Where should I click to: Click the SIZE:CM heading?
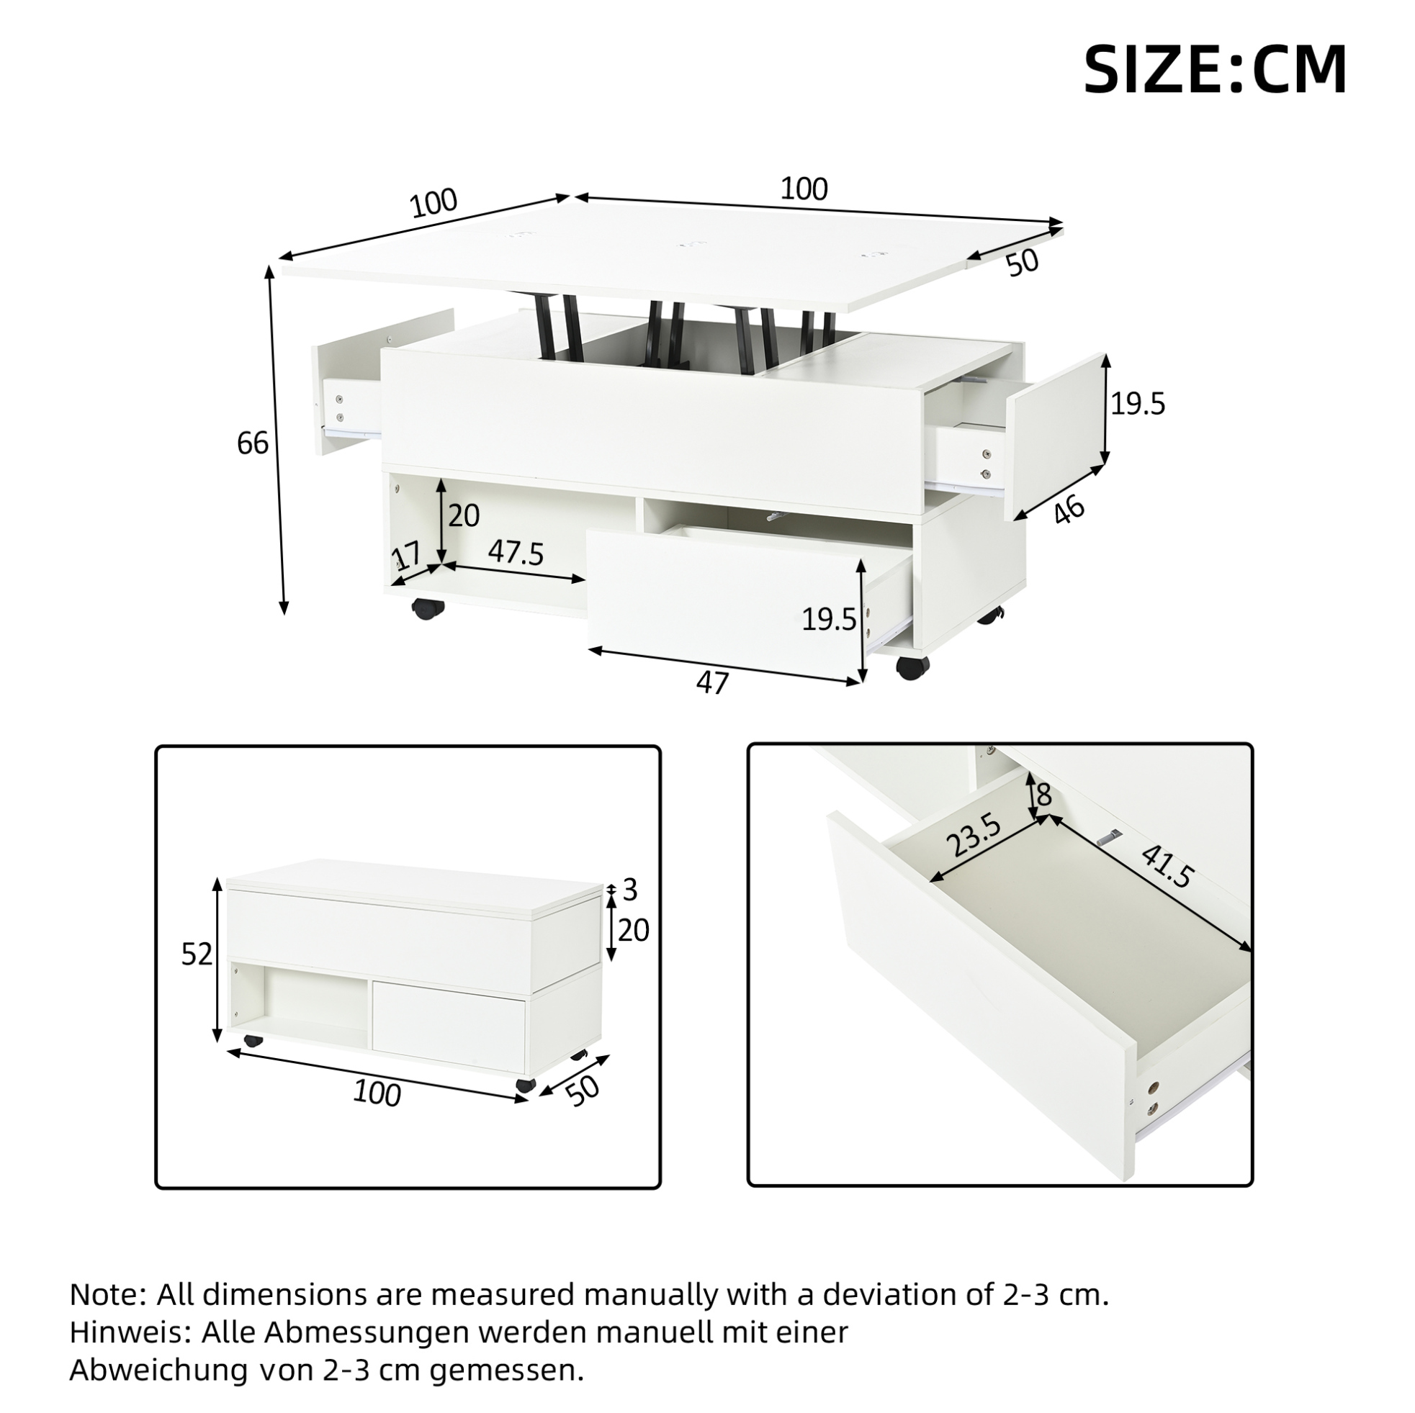1215,71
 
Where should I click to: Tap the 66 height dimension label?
253,443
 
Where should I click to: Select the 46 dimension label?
1070,510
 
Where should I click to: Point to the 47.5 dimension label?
516,553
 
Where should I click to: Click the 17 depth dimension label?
406,557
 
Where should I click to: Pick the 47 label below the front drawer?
713,682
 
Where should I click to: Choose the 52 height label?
197,954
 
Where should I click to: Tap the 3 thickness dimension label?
630,890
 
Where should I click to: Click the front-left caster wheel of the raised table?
428,608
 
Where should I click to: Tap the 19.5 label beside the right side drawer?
1138,403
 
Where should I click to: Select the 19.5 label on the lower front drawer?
829,619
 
